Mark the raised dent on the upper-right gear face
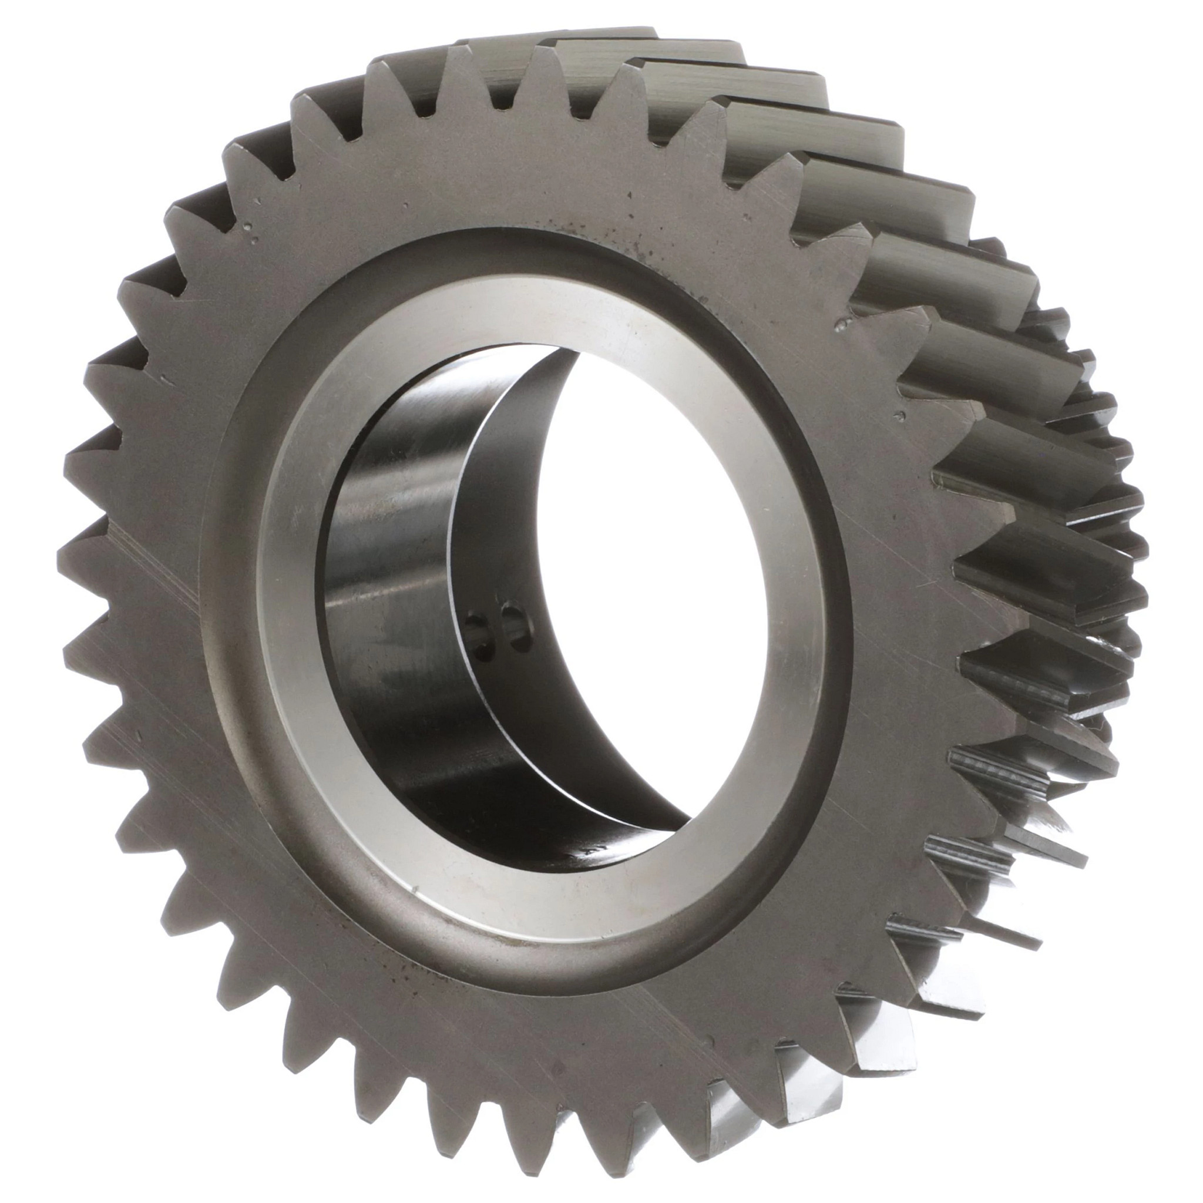coord(845,323)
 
